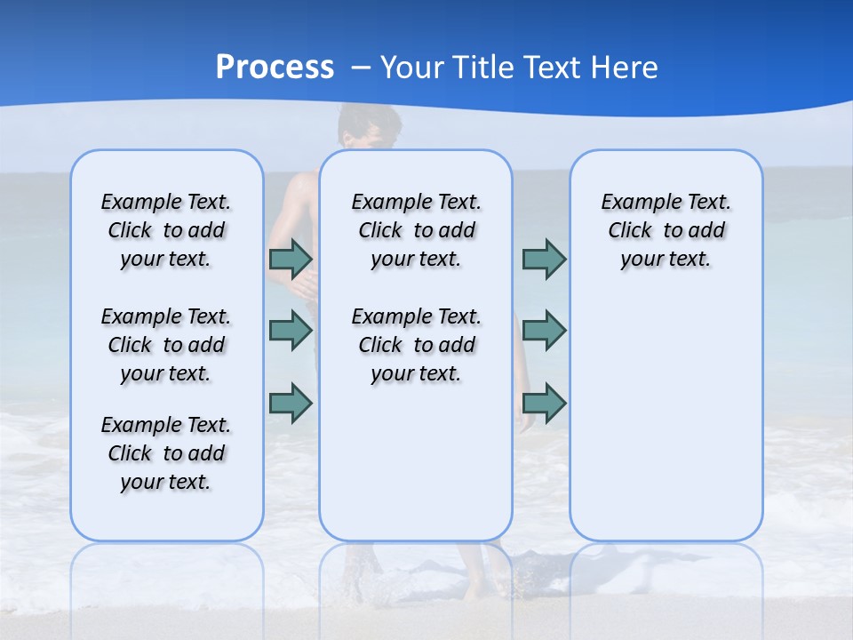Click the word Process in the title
(x=275, y=67)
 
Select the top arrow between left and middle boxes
(x=291, y=260)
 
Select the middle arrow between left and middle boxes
(x=291, y=331)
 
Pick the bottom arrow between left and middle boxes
(x=291, y=404)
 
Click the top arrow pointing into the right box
(x=544, y=260)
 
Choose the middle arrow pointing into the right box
(x=544, y=331)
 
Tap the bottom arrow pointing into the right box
(x=544, y=404)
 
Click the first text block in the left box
(x=166, y=230)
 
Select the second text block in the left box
(x=166, y=345)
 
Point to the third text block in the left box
(x=166, y=453)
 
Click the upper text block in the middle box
(x=416, y=230)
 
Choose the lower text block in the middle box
(x=416, y=345)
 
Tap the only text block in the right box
(x=666, y=230)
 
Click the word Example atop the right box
(x=635, y=203)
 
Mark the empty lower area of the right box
(x=666, y=418)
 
